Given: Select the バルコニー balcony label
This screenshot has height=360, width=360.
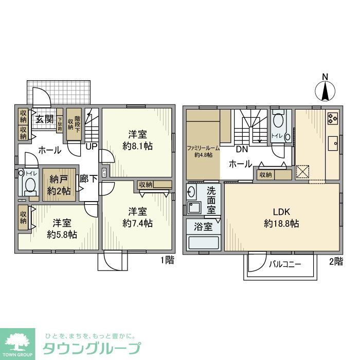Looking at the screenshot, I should (x=284, y=264).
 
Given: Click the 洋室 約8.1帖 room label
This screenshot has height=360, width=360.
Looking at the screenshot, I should (x=137, y=140).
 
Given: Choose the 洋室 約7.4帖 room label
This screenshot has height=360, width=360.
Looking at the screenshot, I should (x=137, y=217).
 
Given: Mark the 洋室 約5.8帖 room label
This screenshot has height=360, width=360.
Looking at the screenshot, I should (x=62, y=228).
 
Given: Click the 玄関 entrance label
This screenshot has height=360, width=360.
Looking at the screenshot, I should (x=44, y=119).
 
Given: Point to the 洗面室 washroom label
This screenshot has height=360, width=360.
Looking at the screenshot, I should (x=211, y=200).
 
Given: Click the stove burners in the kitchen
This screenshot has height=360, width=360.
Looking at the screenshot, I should (x=332, y=119).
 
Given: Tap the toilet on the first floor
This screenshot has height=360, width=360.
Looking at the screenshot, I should (x=30, y=185).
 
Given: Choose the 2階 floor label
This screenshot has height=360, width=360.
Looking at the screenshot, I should (x=335, y=261).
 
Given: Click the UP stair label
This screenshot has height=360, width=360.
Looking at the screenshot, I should (x=92, y=147).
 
